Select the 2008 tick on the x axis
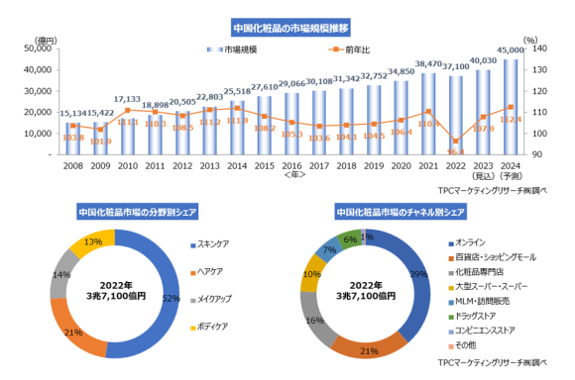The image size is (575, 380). pyautogui.click(x=46, y=165)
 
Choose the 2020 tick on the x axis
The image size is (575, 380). pyautogui.click(x=402, y=165)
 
